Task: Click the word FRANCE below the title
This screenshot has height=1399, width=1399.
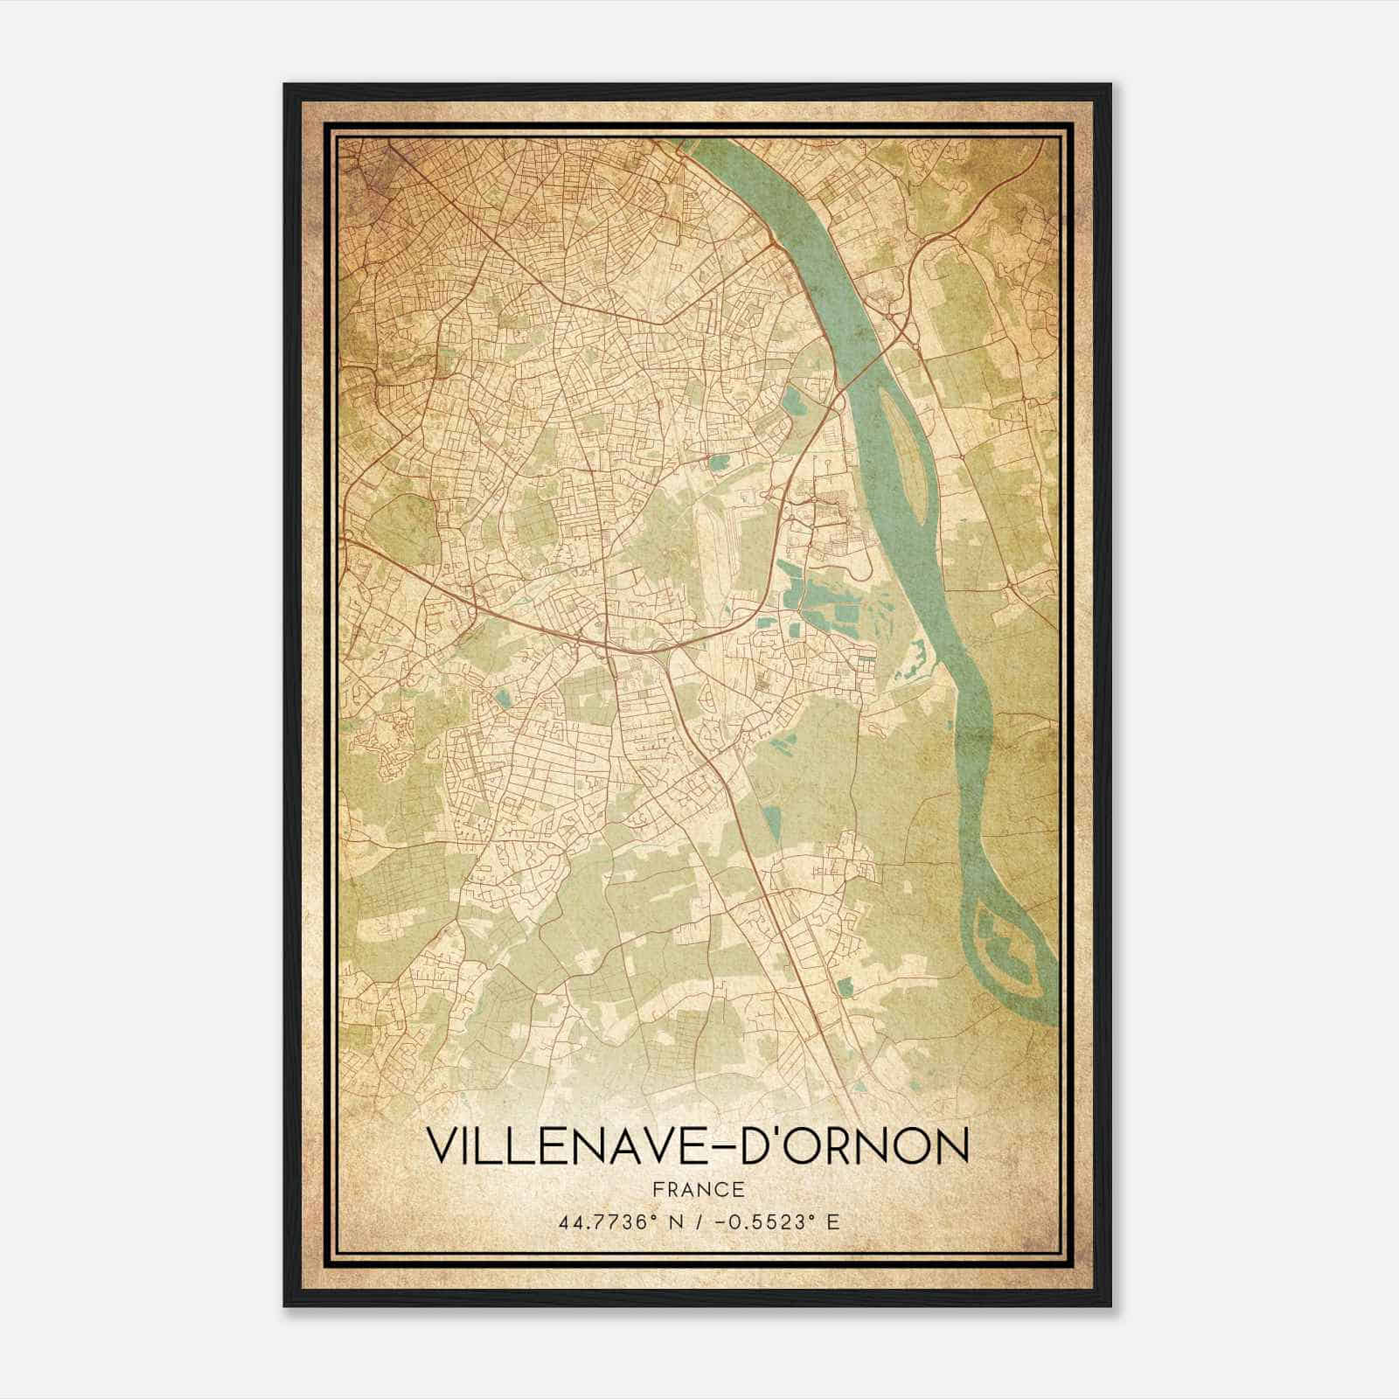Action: click(x=698, y=1189)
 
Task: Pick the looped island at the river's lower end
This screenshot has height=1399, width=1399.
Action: click(x=1006, y=949)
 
